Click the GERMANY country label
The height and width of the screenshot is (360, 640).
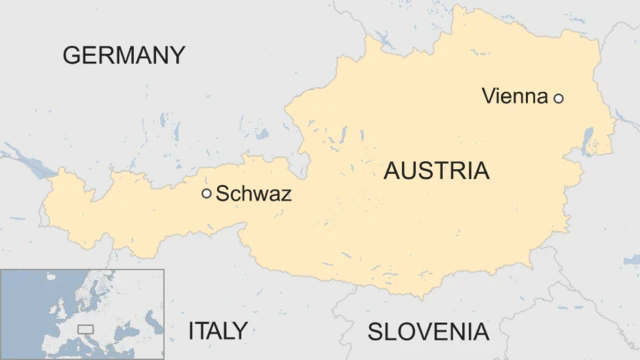coord(124,55)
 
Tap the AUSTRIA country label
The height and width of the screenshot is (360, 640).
coord(436,171)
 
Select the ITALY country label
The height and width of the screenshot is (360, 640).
coord(217,331)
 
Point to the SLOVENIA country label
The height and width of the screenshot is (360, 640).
coord(428,332)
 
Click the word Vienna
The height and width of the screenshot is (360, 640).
coord(514,97)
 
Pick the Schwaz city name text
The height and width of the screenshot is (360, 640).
coord(253,194)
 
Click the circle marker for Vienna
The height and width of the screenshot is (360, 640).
coord(559,98)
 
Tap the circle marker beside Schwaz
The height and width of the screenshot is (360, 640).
coord(207,194)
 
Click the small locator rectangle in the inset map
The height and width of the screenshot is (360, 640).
coord(86,328)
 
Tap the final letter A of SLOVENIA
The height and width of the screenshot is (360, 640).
coord(481,332)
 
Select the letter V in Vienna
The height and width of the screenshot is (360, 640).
coord(488,97)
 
